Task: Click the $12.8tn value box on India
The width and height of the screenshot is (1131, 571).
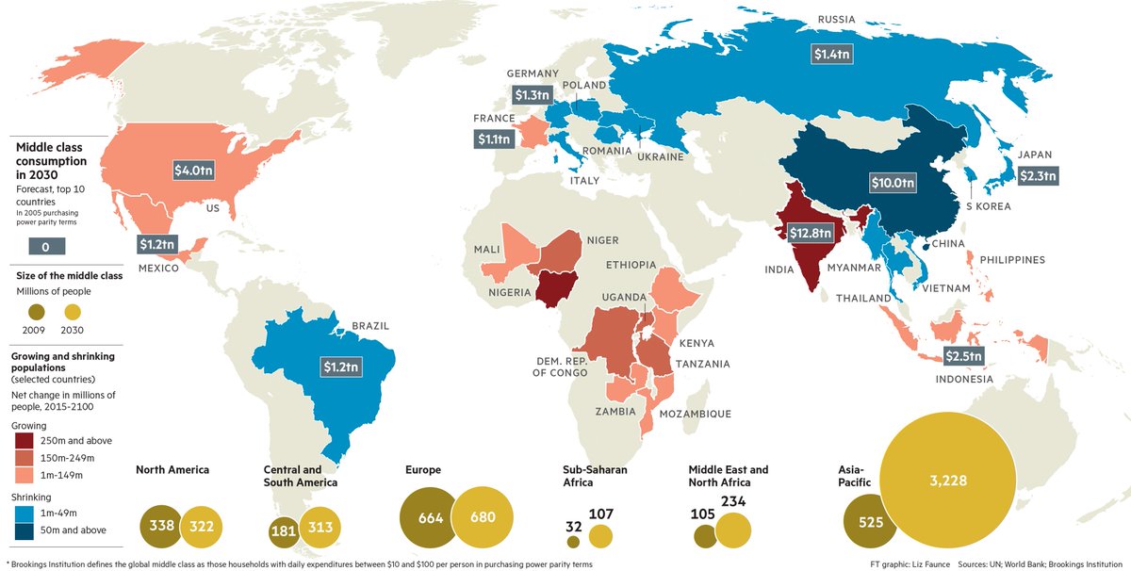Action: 810,233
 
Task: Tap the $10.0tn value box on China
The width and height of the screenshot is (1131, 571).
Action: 892,183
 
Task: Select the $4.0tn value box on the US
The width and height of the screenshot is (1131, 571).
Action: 198,170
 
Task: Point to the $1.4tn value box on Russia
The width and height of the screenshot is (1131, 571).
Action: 832,54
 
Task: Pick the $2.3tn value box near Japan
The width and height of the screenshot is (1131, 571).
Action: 1039,175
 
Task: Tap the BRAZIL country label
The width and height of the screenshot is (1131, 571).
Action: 370,326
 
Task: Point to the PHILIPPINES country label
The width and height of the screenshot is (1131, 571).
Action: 1013,259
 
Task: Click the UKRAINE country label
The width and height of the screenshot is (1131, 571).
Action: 660,156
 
